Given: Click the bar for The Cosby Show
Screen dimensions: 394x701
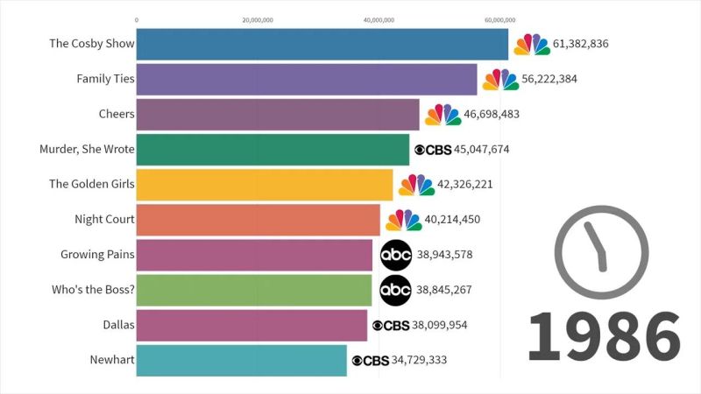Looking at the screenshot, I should (322, 44).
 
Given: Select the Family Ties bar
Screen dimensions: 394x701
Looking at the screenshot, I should (307, 79).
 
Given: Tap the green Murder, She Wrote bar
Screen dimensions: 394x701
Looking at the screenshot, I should (273, 149).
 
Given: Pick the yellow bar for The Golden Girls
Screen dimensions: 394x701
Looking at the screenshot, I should (265, 185).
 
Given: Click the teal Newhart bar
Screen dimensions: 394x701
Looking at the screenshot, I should (242, 360).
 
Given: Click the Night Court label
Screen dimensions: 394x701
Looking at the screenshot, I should (105, 220).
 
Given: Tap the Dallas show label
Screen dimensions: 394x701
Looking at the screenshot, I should (117, 325).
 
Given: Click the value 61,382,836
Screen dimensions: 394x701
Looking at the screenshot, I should (581, 44).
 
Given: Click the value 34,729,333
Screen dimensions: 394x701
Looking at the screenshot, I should (420, 360).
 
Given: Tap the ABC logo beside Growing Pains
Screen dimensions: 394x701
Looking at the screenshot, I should (395, 255).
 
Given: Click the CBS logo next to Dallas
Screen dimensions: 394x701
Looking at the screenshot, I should (391, 325).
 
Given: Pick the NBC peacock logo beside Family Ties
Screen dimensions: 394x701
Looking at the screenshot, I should (500, 79).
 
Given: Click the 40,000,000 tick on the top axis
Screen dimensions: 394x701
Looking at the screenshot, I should (379, 18).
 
